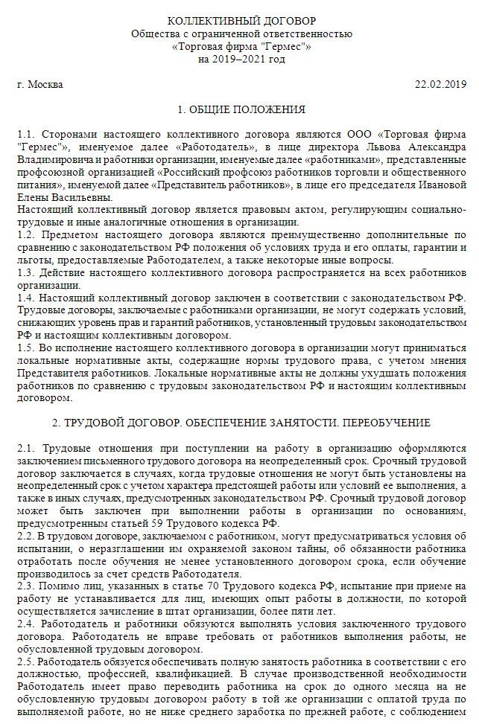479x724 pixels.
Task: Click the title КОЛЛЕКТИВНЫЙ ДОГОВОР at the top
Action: pos(241,19)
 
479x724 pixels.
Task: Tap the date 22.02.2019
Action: pos(440,84)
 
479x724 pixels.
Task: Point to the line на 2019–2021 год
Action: pos(241,60)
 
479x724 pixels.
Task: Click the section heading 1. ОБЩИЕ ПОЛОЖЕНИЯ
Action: pos(241,110)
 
